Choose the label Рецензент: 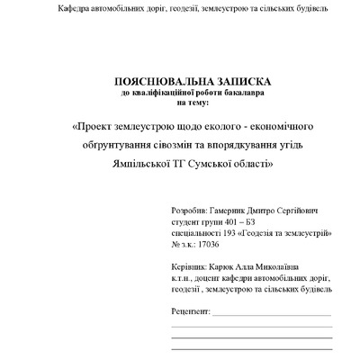pyautogui.click(x=189, y=312)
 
